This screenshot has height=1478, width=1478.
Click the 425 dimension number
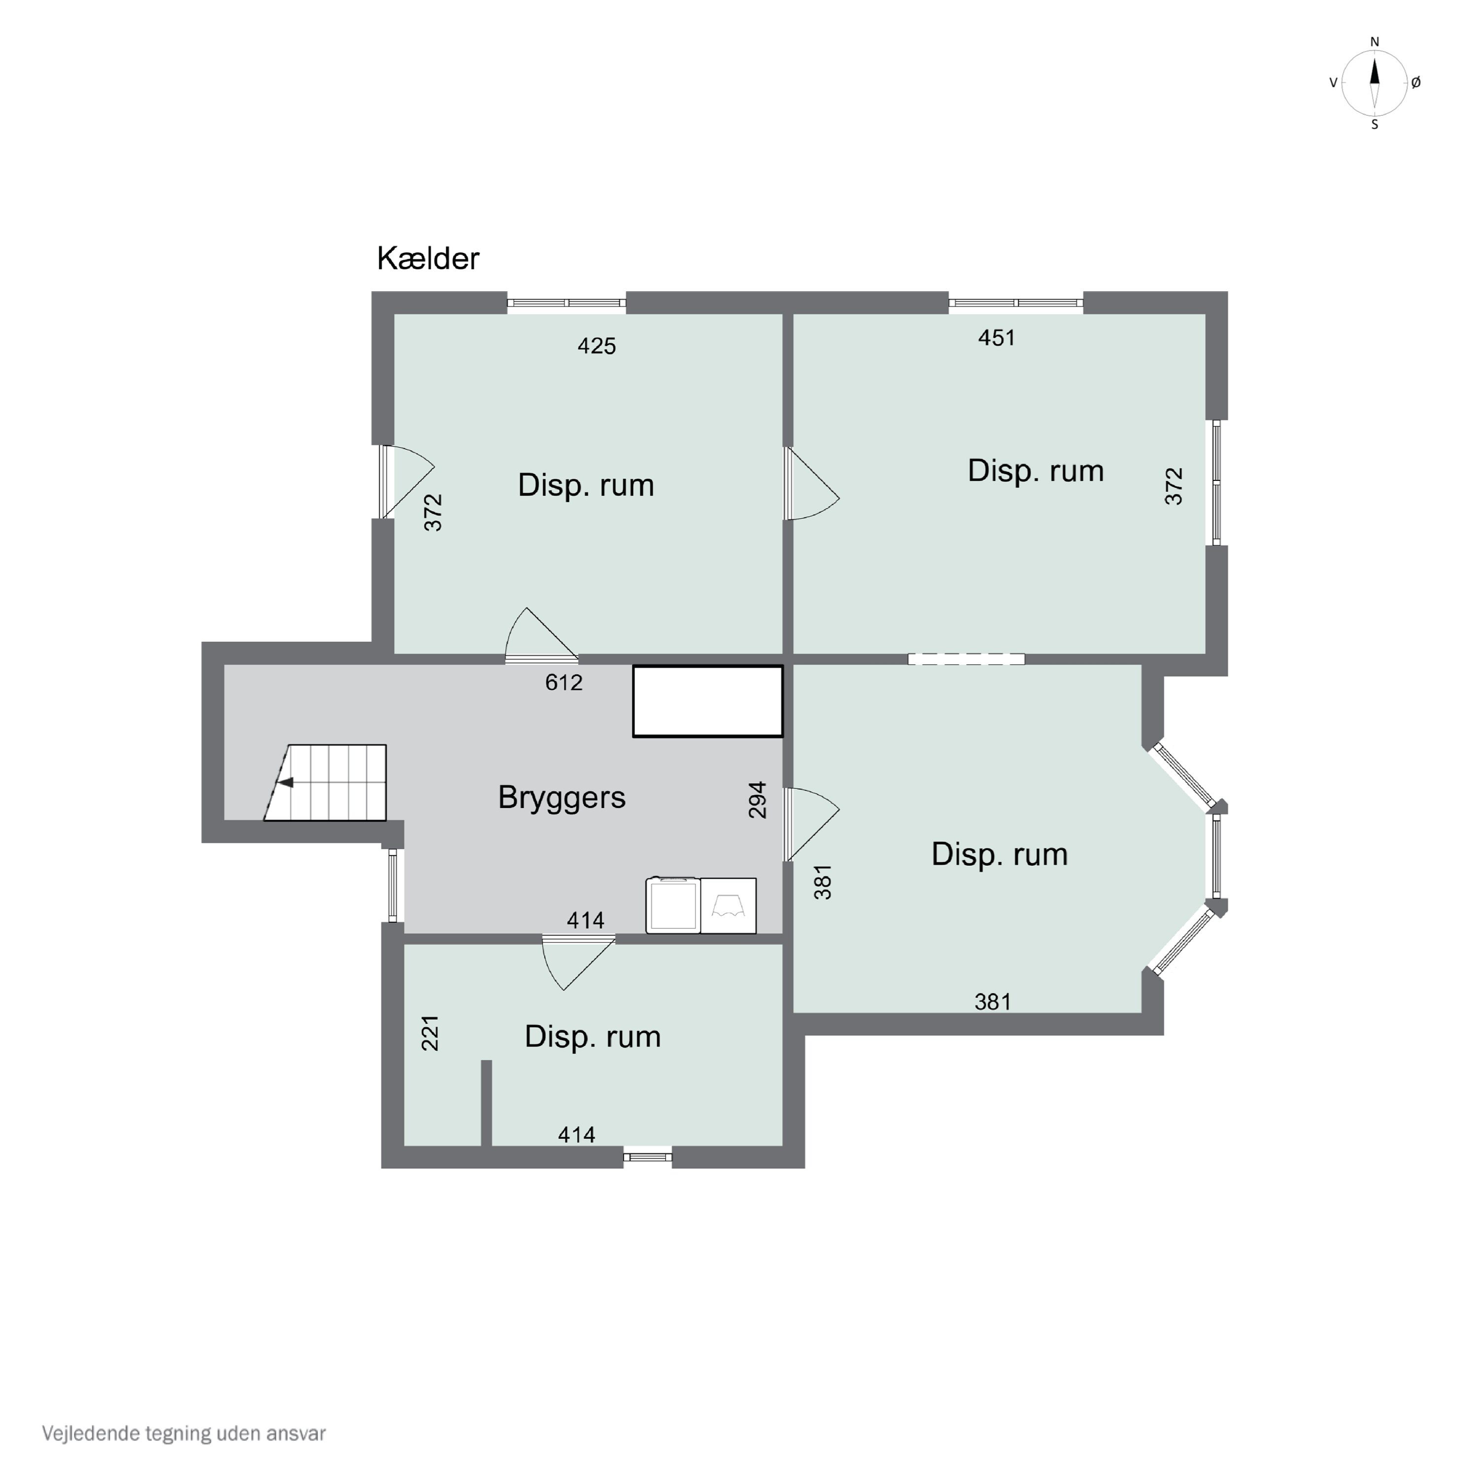(x=596, y=346)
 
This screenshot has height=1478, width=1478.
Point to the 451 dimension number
(x=996, y=337)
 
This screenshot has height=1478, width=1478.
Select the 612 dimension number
(x=564, y=682)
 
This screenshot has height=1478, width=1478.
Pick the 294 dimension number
(x=757, y=800)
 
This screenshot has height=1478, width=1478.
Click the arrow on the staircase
(x=285, y=782)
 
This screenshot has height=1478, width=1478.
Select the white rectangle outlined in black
(x=707, y=702)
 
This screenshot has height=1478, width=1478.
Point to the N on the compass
(x=1375, y=42)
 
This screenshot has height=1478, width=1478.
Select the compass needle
(x=1375, y=83)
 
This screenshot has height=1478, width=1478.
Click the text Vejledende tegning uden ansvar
(x=184, y=1433)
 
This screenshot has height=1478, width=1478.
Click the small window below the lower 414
(x=647, y=1157)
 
